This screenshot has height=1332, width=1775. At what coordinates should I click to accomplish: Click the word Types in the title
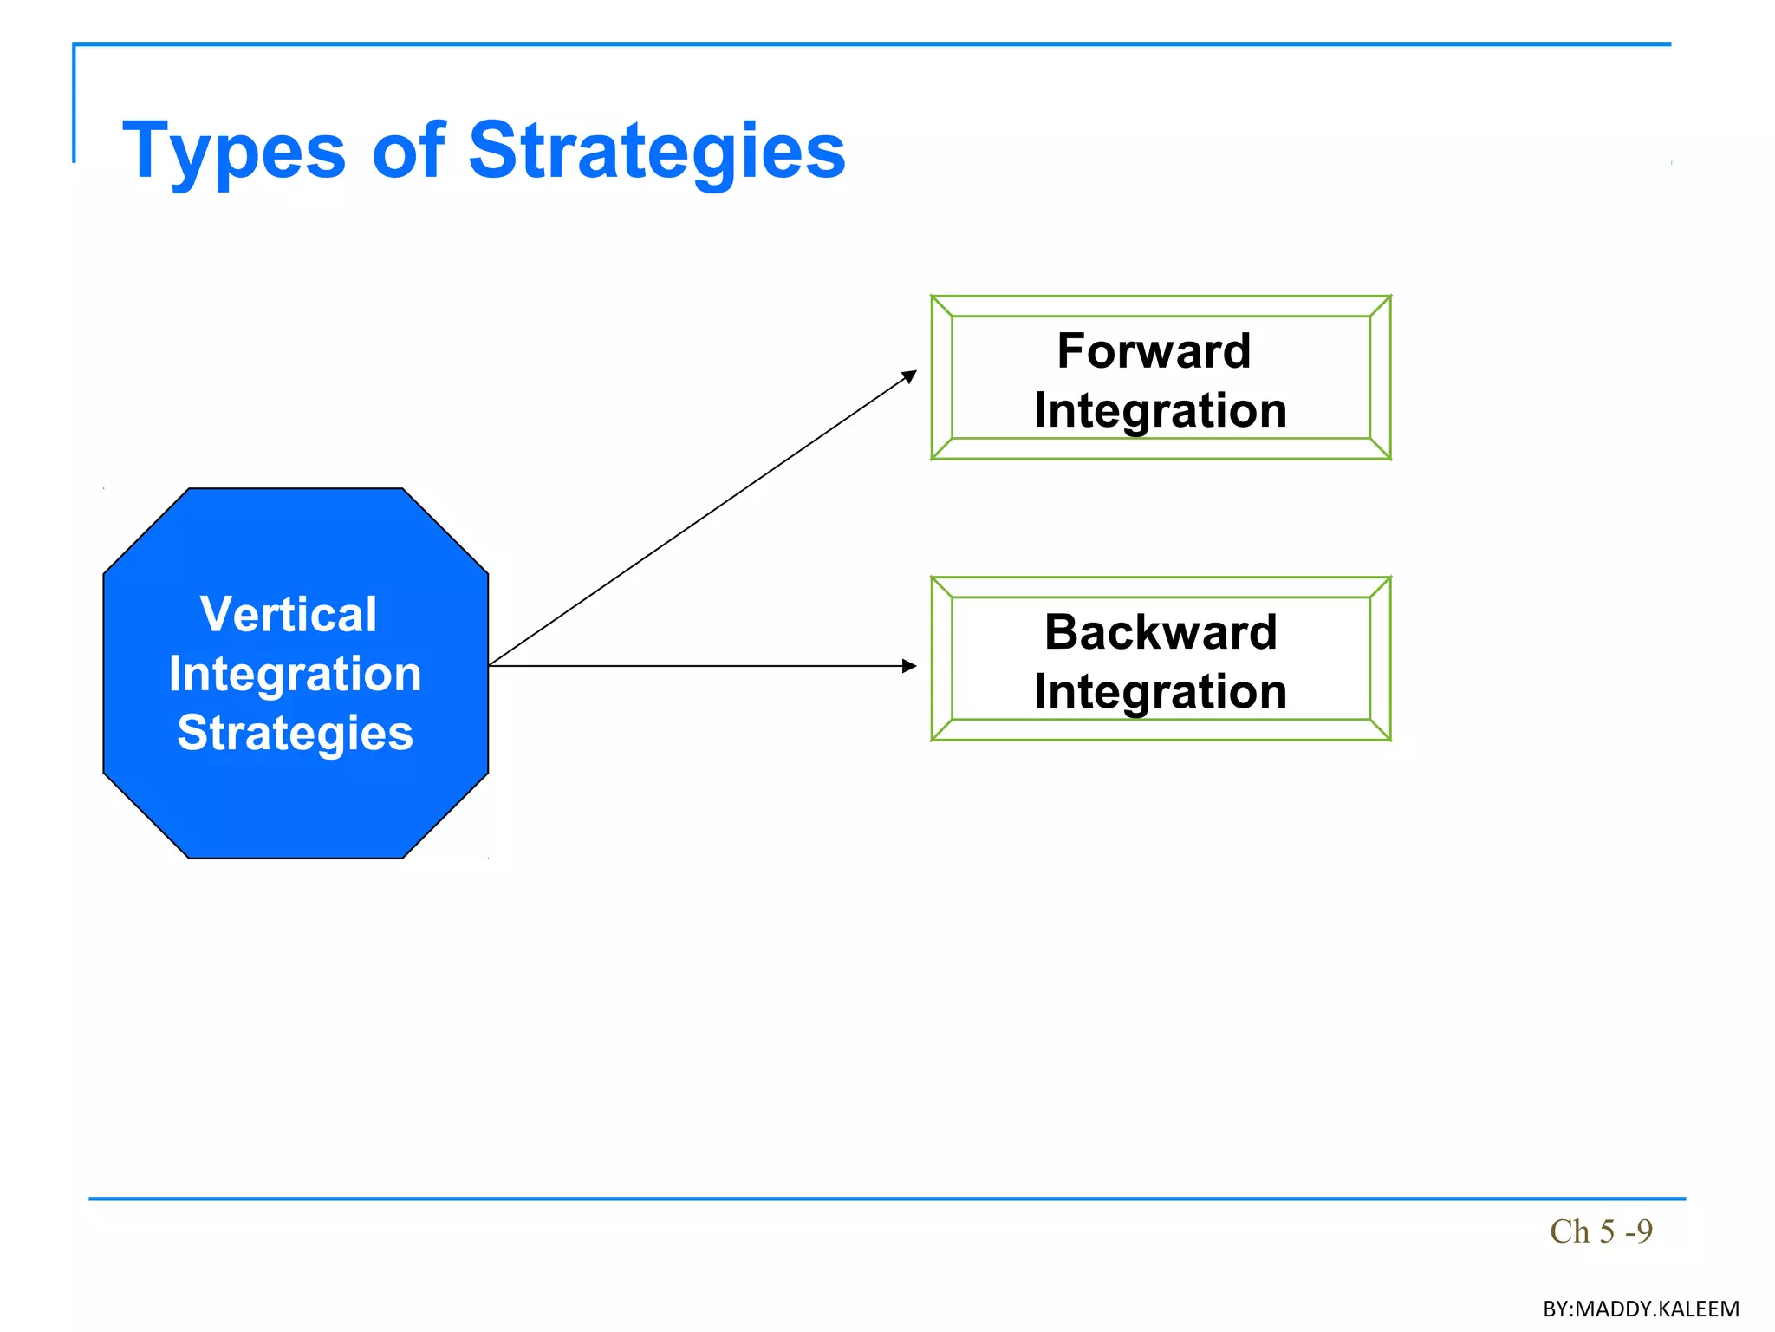(234, 152)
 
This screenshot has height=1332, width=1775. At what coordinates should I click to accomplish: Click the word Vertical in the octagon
(289, 614)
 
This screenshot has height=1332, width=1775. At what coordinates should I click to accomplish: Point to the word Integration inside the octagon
(295, 674)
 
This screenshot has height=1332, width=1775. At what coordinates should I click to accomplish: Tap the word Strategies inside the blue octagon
(295, 733)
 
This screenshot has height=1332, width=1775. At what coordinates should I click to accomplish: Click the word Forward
(1154, 351)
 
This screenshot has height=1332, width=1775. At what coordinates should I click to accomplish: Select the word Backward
(1161, 631)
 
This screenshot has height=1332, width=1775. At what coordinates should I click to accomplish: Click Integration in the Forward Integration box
(1161, 410)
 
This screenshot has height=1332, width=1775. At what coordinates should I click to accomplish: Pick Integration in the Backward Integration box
(1161, 692)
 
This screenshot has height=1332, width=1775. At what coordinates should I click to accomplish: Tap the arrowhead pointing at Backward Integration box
(909, 666)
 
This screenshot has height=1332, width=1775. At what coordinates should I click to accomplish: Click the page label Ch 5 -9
(1601, 1231)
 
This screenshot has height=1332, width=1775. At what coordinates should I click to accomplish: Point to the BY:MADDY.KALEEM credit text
(1641, 1309)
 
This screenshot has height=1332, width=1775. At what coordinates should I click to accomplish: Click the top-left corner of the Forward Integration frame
(933, 297)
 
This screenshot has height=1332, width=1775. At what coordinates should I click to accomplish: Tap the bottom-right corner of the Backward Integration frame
(1389, 739)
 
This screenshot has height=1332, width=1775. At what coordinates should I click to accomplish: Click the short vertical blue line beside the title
(74, 104)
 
